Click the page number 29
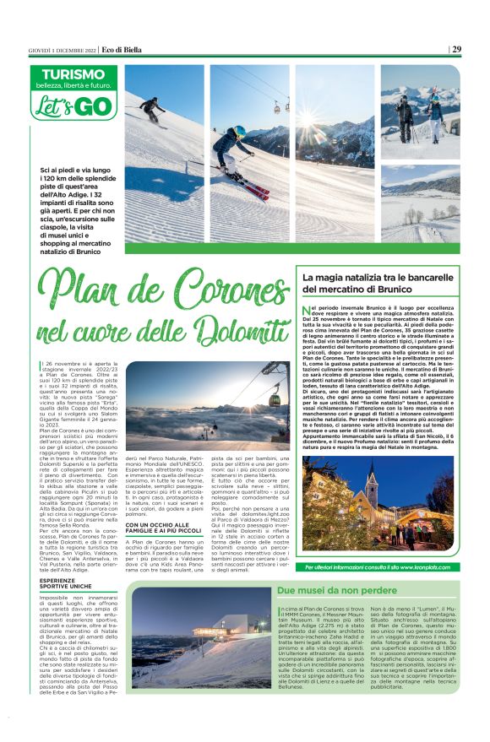coord(456,48)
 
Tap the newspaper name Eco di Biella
coord(124,48)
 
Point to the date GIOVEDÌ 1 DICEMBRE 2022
coord(62,48)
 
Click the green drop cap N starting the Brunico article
coord(307,311)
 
